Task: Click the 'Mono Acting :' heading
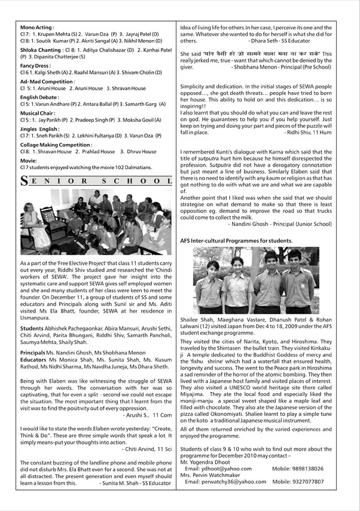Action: pos(36,27)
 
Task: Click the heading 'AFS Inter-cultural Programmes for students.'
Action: pos(236,240)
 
